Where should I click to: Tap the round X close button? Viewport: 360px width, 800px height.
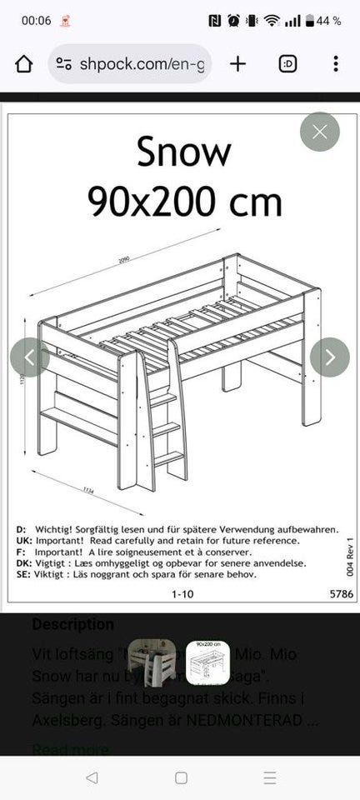coord(320,132)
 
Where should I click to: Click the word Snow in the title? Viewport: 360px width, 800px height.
coord(183,152)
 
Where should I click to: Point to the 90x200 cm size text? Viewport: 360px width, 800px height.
coord(184,202)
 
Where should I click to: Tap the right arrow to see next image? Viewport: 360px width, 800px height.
coord(329,357)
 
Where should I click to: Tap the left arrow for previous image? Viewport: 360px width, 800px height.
coord(30,357)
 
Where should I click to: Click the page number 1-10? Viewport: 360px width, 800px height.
coord(182,594)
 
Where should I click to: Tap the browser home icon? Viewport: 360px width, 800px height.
coord(24,64)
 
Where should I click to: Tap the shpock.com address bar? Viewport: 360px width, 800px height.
coord(129,64)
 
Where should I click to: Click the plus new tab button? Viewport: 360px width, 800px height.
coord(238,64)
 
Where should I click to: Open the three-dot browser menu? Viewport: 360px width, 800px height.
coord(335,64)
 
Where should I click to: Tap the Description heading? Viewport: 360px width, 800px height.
coord(72,624)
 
